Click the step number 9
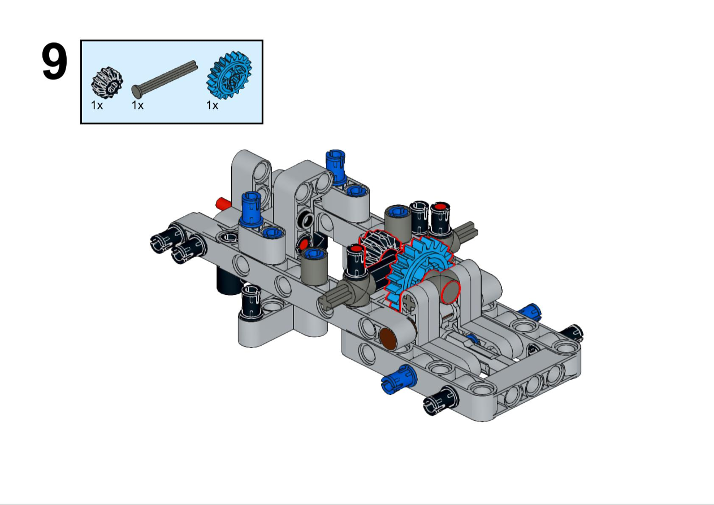54,62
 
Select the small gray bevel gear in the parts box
107,82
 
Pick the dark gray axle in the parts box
165,79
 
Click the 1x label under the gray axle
138,105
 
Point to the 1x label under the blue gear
213,105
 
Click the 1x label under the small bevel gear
97,105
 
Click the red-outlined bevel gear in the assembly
379,249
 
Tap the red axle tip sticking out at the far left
223,203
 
